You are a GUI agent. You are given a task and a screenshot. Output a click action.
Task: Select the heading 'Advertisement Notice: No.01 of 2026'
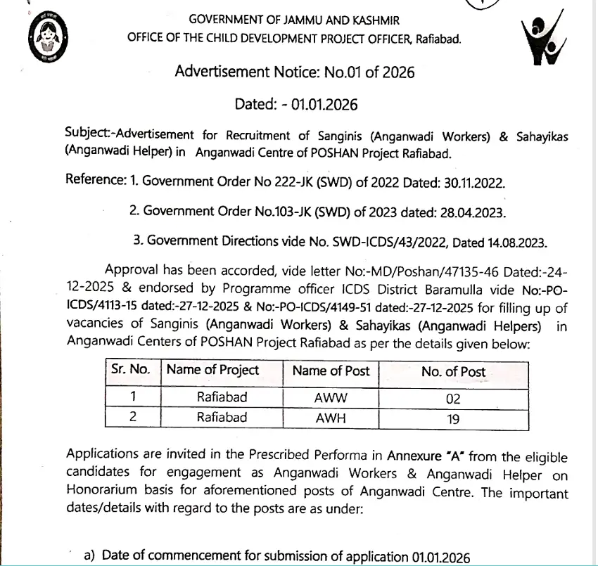click(294, 72)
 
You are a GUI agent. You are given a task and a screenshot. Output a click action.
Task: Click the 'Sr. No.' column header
click(131, 371)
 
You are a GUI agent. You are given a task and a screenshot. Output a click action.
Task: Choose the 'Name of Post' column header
click(331, 371)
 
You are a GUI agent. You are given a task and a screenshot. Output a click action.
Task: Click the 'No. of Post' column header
click(453, 372)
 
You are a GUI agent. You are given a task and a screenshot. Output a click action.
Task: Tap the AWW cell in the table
click(331, 397)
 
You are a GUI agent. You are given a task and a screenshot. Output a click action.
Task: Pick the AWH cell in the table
click(331, 418)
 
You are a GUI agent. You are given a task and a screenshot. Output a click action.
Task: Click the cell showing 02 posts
click(453, 399)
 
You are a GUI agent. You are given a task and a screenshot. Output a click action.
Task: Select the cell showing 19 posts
click(453, 419)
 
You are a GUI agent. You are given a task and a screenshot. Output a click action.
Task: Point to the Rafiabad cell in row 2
click(222, 418)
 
